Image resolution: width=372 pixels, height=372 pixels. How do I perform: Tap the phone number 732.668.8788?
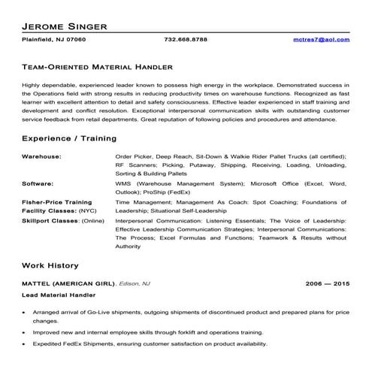(186, 39)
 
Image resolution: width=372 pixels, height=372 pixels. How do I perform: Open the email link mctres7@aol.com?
(322, 39)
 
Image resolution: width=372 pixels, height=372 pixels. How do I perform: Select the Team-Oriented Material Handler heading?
(98, 67)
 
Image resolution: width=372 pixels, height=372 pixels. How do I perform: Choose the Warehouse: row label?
(41, 156)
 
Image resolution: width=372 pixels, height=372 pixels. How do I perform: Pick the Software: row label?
(38, 183)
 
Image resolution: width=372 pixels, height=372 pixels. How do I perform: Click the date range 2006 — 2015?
(328, 284)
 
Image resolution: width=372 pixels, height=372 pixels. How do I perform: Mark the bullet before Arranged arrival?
(26, 311)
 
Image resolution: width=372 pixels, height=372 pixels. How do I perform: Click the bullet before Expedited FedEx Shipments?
(26, 343)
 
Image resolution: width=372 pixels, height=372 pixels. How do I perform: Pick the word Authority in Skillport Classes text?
(129, 246)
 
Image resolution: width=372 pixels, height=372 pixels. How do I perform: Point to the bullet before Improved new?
(26, 331)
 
